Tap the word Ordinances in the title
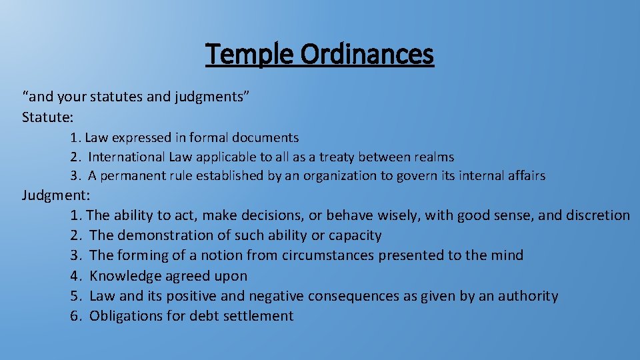coord(367,54)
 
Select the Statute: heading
coord(48,117)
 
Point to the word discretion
coord(597,215)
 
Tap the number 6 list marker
coord(75,316)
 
